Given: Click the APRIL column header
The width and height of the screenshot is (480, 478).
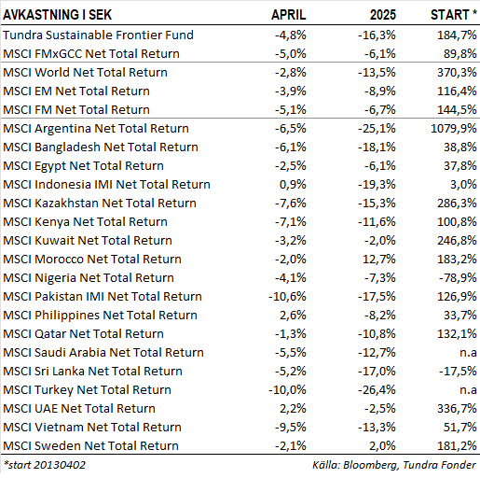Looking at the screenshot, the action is (289, 15).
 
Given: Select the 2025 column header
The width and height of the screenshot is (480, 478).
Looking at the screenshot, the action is (383, 15).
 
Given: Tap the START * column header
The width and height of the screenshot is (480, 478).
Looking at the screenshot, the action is (453, 15).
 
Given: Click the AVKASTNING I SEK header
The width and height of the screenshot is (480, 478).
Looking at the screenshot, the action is (57, 15).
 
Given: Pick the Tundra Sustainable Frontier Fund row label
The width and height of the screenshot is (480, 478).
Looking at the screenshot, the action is (98, 35).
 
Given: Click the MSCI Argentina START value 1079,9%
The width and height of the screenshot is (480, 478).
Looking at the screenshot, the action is (454, 128).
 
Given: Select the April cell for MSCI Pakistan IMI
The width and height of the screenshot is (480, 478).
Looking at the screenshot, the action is (287, 296).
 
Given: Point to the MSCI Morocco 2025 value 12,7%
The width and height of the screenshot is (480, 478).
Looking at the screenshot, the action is (379, 259).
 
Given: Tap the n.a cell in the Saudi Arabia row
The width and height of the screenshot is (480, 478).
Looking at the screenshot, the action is (468, 352).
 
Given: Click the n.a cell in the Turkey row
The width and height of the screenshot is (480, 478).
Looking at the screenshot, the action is (468, 389).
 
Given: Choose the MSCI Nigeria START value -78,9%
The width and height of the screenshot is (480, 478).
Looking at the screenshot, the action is (458, 277).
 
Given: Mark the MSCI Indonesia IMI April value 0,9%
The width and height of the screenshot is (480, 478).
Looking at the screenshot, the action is (293, 184).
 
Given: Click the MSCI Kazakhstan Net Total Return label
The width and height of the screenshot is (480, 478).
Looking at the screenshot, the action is (100, 203).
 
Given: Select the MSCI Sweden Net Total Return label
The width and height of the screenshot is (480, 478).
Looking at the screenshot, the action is (90, 445).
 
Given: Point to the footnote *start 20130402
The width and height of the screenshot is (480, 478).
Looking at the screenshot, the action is (44, 465).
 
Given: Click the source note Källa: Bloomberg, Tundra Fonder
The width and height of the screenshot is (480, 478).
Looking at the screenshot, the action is (394, 465).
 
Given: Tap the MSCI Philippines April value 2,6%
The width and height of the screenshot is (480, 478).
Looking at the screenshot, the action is (293, 315).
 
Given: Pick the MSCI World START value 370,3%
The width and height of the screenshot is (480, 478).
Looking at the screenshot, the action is (457, 72).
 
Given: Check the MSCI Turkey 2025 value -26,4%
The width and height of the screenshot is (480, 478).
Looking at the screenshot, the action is (377, 389).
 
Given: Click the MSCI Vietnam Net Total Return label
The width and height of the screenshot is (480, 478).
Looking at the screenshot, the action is (92, 427).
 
